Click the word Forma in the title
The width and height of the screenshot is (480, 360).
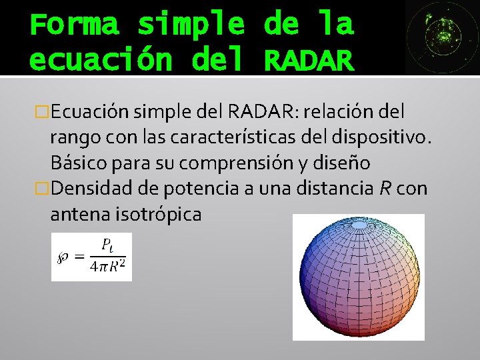point(74,25)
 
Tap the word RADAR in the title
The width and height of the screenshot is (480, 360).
point(307,61)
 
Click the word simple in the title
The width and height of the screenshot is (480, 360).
point(191,25)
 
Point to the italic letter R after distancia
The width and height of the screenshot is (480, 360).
point(384,189)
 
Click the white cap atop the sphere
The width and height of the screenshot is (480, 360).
point(359,225)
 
